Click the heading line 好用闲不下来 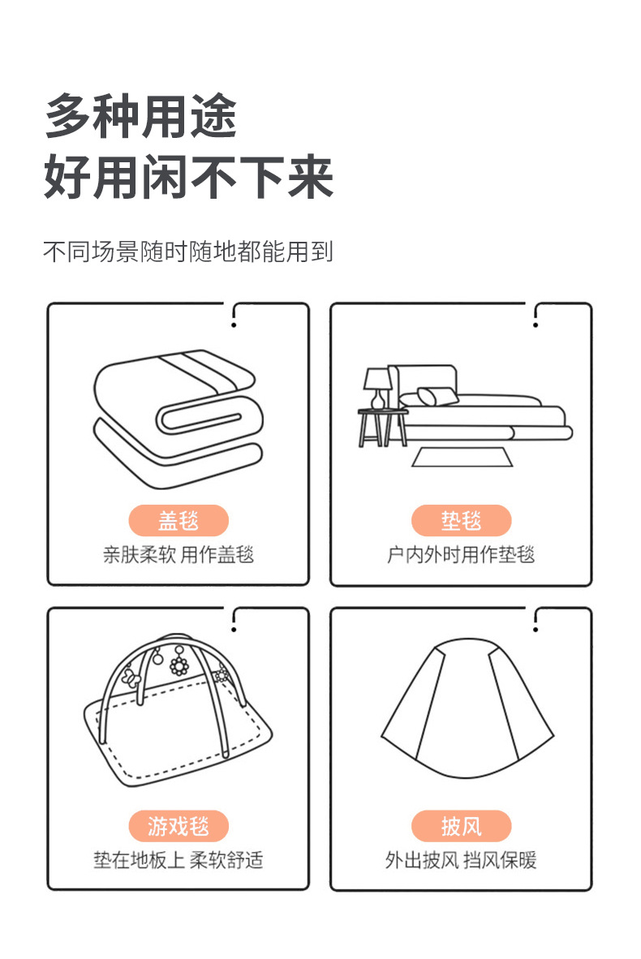tap(188, 177)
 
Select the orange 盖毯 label tap(179, 520)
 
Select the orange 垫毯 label tap(461, 520)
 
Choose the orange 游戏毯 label tap(179, 826)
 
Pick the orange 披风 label tap(461, 826)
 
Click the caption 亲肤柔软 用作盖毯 tap(179, 555)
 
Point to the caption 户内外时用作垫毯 tap(461, 555)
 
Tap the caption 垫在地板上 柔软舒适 tap(179, 860)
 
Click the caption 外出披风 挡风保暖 tap(461, 860)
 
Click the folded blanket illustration tap(179, 418)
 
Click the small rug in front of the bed tap(462, 457)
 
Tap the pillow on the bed tap(437, 397)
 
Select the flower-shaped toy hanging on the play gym tap(179, 665)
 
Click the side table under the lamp tap(383, 427)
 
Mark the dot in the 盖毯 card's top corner tap(234, 325)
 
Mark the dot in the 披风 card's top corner tap(536, 629)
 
